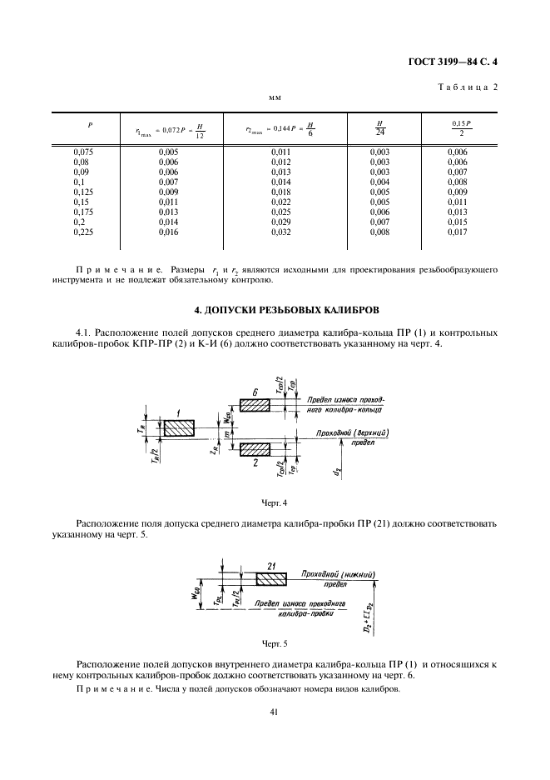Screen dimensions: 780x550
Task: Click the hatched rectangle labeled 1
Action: coord(179,427)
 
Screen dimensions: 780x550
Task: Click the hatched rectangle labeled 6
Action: coord(255,404)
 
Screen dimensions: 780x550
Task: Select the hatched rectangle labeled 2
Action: coord(255,450)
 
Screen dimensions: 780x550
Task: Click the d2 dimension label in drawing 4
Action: coord(338,472)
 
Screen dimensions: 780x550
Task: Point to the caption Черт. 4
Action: coord(274,502)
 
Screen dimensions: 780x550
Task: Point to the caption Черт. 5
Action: coord(274,643)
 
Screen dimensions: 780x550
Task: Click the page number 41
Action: coord(274,711)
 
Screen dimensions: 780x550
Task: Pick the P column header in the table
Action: coord(90,125)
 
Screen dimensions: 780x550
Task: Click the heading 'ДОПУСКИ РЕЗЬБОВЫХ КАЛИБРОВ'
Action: coord(274,310)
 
